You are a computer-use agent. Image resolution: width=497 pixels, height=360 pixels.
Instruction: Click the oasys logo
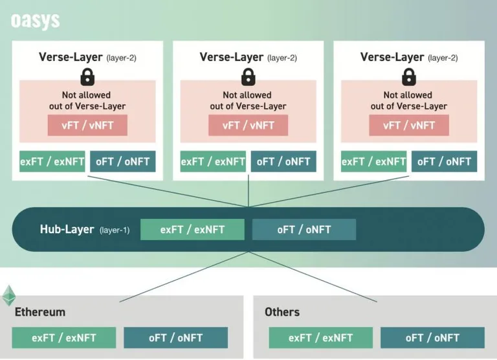(35, 21)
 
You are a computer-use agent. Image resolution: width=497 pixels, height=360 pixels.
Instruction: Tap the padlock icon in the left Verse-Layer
(87, 77)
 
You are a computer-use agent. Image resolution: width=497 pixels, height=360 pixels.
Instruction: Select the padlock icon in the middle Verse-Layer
(248, 77)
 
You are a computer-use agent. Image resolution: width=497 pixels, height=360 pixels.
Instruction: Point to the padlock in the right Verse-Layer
(409, 77)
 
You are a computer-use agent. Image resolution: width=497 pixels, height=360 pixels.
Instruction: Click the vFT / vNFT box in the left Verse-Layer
(87, 125)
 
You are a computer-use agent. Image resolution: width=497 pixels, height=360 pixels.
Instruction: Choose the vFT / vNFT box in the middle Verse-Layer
(248, 125)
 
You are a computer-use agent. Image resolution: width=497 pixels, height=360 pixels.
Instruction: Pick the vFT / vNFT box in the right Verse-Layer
(409, 125)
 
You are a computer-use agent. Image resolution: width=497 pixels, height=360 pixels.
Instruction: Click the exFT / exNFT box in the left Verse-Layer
(52, 161)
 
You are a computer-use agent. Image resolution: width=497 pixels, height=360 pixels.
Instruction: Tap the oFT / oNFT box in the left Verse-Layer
(123, 161)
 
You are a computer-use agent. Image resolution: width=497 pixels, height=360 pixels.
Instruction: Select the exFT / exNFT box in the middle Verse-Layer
(213, 161)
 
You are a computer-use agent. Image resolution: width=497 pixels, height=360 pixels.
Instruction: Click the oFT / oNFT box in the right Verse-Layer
(444, 161)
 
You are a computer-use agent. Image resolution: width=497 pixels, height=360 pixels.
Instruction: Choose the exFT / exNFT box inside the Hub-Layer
(192, 229)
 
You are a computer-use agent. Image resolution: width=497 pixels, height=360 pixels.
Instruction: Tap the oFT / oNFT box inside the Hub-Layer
(304, 229)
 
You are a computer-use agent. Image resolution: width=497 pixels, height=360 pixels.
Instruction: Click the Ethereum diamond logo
(9, 296)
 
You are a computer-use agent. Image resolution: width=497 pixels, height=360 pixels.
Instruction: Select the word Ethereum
(40, 312)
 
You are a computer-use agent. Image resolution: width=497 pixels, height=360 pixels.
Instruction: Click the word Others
(282, 312)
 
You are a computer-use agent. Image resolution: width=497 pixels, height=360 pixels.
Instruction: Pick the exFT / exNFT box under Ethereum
(64, 338)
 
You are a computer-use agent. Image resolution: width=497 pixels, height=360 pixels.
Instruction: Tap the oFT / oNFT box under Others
(432, 338)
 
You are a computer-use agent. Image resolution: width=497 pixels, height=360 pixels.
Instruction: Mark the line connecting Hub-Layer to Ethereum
(184, 277)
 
